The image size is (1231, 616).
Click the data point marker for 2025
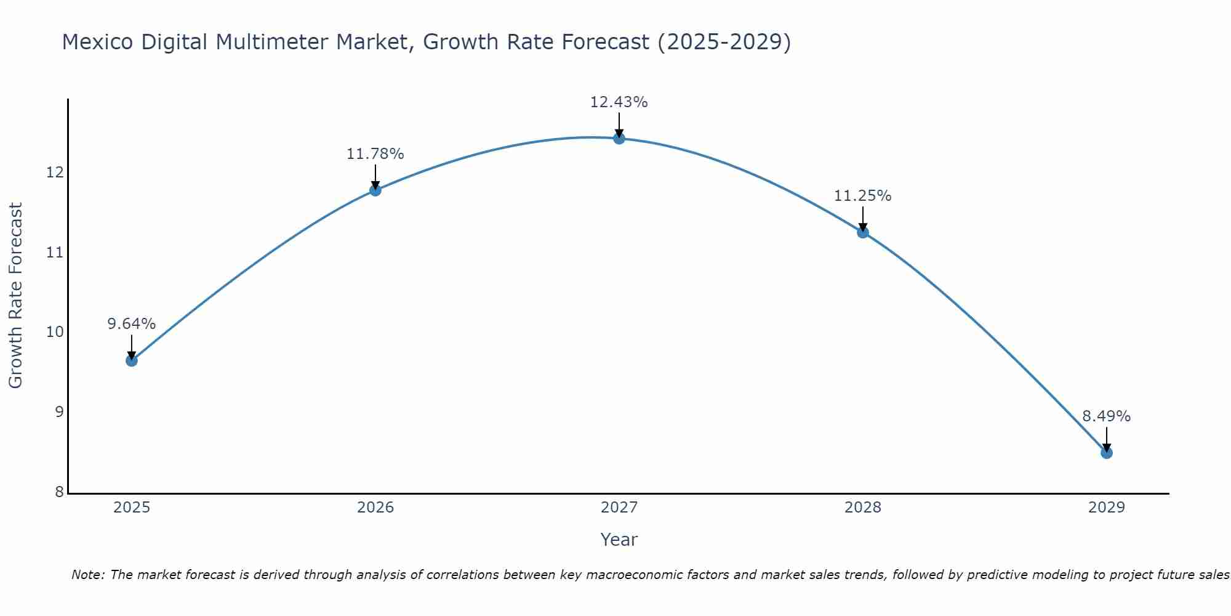pos(131,360)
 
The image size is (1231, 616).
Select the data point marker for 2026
pos(375,190)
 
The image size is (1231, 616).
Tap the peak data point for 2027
pos(619,138)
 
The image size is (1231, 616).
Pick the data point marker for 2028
pos(863,232)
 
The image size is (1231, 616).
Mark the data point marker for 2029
pos(1107,453)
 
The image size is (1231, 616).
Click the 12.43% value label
pos(619,102)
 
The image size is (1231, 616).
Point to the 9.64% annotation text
pos(131,324)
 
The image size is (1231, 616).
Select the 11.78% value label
pos(375,154)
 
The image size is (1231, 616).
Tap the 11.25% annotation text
pos(862,196)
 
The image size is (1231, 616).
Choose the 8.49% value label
pos(1106,416)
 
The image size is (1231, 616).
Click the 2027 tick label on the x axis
pos(619,508)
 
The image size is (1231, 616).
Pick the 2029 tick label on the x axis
pos(1107,508)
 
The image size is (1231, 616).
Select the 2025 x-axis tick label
pos(132,508)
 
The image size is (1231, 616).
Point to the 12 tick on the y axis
pos(55,172)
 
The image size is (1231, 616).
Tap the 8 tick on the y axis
pos(59,492)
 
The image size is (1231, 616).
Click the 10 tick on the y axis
pos(55,332)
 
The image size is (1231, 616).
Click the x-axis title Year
pos(619,540)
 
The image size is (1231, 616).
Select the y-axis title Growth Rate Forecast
pos(16,296)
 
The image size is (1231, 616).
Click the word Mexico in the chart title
pos(98,42)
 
